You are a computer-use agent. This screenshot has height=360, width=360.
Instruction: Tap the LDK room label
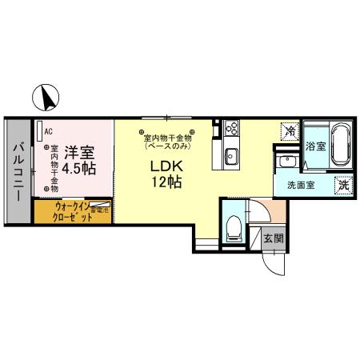pyautogui.click(x=167, y=166)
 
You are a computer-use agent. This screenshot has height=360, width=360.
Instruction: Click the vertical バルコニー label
pyautogui.click(x=18, y=170)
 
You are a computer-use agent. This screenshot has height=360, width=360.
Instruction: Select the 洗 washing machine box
pyautogui.click(x=342, y=182)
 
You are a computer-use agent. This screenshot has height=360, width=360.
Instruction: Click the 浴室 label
pyautogui.click(x=315, y=146)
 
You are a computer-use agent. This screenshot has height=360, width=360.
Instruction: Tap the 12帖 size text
pyautogui.click(x=168, y=182)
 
